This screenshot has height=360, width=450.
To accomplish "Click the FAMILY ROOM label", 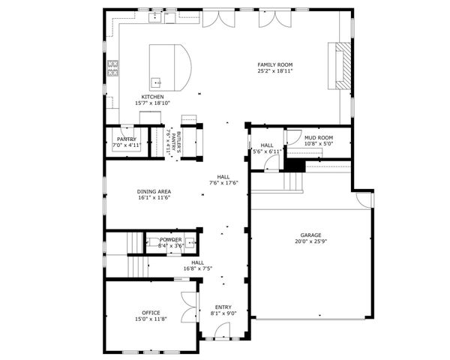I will [275, 65].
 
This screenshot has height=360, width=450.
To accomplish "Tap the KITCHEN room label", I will [153, 97].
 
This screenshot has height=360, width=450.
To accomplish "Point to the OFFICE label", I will [151, 312].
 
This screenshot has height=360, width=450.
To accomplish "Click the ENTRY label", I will [223, 307].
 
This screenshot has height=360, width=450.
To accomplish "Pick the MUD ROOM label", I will [318, 138].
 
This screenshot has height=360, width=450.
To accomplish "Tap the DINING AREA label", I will [154, 191].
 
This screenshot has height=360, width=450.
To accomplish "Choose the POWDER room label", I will [170, 239].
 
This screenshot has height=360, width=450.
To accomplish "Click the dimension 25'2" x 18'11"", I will [275, 71].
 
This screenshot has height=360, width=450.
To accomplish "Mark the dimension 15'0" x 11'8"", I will [151, 319].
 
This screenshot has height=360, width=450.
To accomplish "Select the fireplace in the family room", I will [342, 65].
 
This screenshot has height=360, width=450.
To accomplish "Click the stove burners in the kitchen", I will [112, 68].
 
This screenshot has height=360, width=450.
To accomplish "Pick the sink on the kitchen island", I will [156, 82].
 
